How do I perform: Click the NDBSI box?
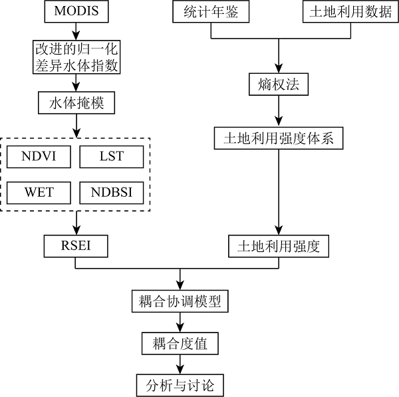(111, 193)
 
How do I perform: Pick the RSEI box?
(75, 246)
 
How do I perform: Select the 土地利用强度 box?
(279, 246)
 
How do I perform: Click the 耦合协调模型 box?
(180, 301)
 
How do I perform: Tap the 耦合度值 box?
(180, 343)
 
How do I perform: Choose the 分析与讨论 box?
(180, 385)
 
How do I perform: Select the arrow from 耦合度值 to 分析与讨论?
(180, 364)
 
